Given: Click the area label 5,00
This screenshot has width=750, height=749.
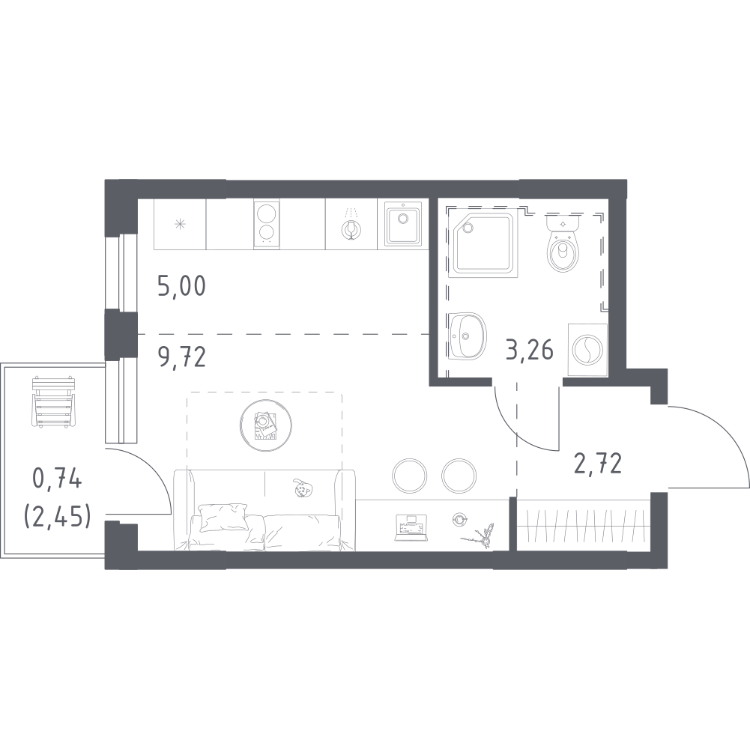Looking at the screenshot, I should (x=181, y=286).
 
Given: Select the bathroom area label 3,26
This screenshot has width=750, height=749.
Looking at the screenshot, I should (x=529, y=349).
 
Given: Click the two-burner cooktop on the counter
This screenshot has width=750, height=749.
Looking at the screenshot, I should (x=266, y=224).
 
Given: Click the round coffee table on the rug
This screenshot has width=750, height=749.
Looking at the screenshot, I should (x=264, y=425).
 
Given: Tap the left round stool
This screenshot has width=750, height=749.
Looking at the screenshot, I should (x=410, y=473).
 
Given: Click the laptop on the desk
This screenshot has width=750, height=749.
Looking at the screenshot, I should (x=411, y=525).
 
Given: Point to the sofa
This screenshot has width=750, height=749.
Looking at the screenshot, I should (x=264, y=509).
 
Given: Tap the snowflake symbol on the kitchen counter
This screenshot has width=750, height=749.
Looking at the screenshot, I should (x=180, y=224).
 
